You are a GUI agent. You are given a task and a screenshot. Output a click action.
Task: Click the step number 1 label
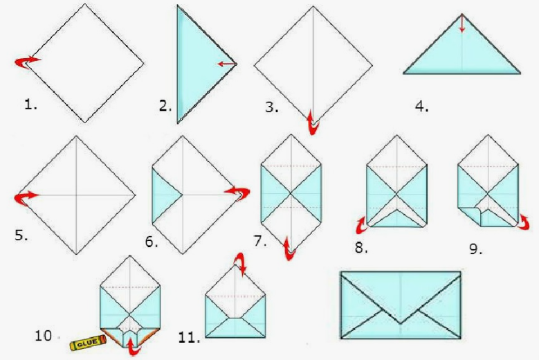click(x=30, y=104)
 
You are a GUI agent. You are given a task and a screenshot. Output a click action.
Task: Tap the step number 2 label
click(x=165, y=106)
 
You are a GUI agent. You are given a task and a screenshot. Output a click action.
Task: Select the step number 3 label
click(x=271, y=107)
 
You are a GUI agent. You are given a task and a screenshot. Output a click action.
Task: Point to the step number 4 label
click(x=422, y=107)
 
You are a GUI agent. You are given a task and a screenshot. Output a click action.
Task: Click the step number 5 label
click(x=21, y=235)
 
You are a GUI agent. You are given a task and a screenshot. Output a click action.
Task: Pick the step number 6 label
click(x=152, y=242)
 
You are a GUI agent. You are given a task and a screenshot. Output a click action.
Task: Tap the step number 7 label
click(x=260, y=241)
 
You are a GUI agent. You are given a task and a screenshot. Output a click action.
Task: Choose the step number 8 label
click(x=361, y=248)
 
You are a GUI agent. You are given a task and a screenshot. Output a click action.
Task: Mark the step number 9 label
click(x=476, y=249)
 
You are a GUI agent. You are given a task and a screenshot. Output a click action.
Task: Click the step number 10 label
click(x=44, y=336)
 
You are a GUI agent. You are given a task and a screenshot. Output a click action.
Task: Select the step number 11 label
click(x=189, y=337)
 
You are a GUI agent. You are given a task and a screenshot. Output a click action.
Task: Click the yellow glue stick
click(x=88, y=343)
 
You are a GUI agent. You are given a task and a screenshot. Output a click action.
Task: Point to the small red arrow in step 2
click(x=227, y=64)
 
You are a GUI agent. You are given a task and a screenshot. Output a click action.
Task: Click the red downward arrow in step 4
click(x=462, y=24)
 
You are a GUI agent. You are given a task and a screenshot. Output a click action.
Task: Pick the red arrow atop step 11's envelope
click(x=241, y=263)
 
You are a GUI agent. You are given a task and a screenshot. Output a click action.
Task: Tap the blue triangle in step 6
click(x=166, y=195)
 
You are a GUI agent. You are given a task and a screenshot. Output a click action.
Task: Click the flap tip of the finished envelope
click(x=401, y=323)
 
